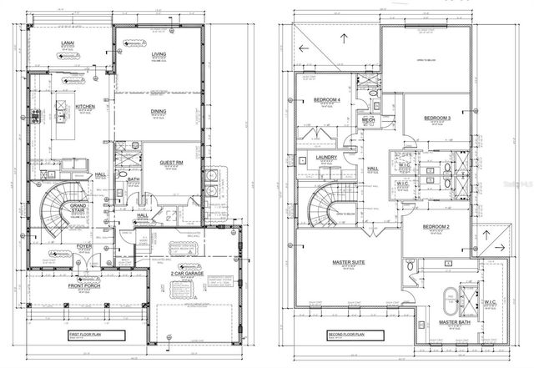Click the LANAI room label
click(x=63, y=41)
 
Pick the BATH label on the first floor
click(x=133, y=179)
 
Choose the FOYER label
click(x=85, y=247)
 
